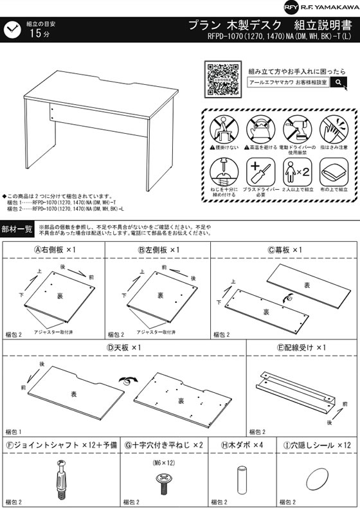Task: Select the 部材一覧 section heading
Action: (x=17, y=229)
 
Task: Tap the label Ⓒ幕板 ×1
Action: (x=285, y=249)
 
